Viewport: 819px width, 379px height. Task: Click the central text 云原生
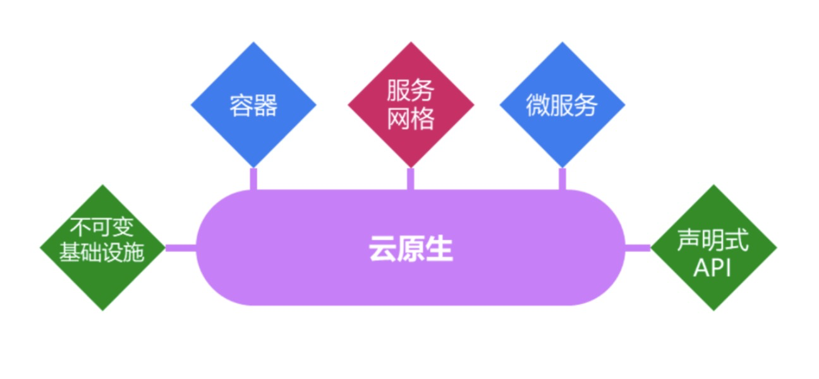(411, 250)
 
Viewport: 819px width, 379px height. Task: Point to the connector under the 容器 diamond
(253, 179)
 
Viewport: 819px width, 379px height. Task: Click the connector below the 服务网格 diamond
(411, 179)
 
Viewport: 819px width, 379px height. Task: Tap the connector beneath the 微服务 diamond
(562, 179)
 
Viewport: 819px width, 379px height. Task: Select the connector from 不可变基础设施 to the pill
(181, 248)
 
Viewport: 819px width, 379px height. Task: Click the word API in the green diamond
(712, 268)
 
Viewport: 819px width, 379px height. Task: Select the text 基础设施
(102, 253)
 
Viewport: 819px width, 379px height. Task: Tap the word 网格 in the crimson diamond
(411, 118)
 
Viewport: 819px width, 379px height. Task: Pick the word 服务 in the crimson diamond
(411, 92)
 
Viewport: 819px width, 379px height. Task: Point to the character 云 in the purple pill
(382, 250)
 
